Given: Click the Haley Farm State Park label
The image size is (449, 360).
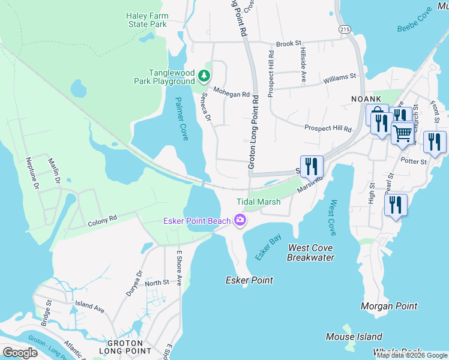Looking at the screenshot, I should click(146, 20).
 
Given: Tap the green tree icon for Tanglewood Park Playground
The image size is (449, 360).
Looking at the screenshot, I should click(205, 75).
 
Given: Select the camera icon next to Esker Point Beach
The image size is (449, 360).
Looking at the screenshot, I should click(240, 221).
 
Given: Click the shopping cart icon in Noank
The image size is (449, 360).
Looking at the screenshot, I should click(402, 132).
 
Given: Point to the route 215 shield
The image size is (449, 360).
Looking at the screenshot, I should click(345, 29).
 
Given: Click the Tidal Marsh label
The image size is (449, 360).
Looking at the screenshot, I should click(258, 202).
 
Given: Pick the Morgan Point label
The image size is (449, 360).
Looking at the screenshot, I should click(388, 306).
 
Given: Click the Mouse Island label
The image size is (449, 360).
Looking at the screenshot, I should click(354, 337).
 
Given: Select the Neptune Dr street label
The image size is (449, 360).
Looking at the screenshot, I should click(32, 174).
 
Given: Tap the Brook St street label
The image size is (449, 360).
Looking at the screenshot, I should click(288, 44).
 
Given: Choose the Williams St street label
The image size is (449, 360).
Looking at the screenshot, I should click(339, 77).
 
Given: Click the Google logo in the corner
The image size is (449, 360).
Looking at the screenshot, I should click(20, 353).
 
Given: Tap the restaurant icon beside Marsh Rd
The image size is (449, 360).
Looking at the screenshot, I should click(312, 166).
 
